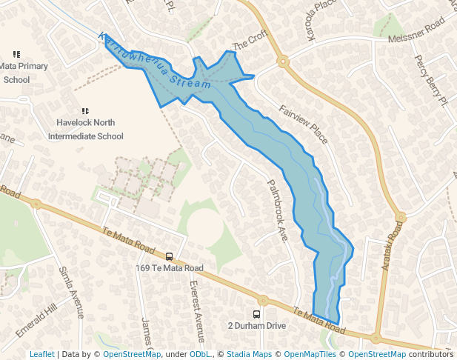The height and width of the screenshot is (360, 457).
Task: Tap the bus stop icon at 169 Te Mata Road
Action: point(170,257)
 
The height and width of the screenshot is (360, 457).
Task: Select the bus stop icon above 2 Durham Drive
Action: point(257,314)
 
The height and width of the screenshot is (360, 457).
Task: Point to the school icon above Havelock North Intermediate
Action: point(85,111)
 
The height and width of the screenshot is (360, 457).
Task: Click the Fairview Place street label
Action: point(303,124)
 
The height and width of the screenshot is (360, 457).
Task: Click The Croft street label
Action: point(249,41)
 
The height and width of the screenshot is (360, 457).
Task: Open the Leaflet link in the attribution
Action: point(41,354)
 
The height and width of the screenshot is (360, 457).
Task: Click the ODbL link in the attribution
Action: point(200,354)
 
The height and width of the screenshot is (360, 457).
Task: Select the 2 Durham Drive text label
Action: point(256,326)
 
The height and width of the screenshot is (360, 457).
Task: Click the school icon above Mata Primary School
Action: point(16,54)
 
